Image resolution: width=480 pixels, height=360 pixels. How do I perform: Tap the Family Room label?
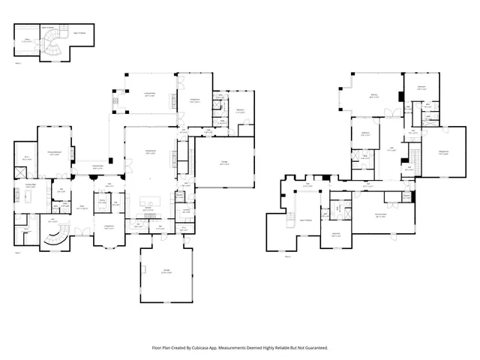pos(150,152)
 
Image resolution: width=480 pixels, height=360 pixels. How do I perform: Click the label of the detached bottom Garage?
pos(166,272)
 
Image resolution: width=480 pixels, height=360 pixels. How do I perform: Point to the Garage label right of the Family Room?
pos(224,163)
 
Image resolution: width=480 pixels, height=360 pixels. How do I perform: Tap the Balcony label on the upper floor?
pos(373,96)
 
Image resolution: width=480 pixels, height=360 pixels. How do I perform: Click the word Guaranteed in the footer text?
pos(315,347)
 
